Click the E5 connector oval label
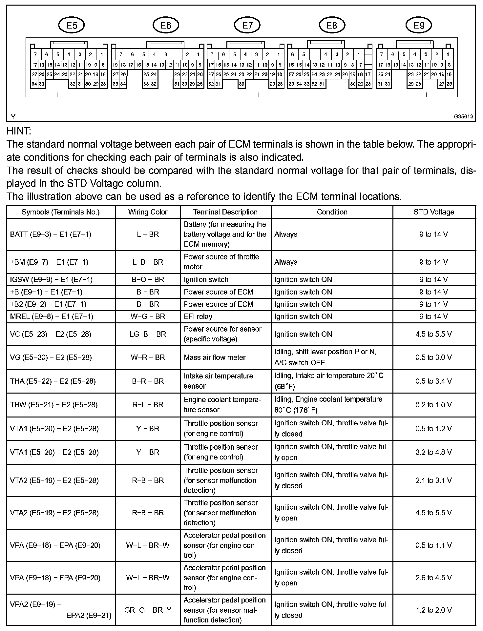(x=72, y=25)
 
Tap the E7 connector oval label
(x=247, y=25)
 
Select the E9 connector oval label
(x=419, y=25)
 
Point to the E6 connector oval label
(x=166, y=25)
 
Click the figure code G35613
(x=463, y=117)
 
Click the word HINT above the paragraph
(x=19, y=131)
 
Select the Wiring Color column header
(x=148, y=212)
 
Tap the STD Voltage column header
(x=434, y=212)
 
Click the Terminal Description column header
(x=225, y=212)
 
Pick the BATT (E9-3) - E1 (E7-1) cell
(x=51, y=234)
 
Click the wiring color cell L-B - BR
(x=148, y=262)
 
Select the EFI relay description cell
(x=198, y=316)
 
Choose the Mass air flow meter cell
(x=215, y=357)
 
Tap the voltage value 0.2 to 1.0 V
(x=433, y=405)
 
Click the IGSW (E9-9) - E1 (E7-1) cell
(x=51, y=280)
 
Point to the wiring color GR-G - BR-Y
(x=148, y=610)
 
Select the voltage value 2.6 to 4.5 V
(x=433, y=578)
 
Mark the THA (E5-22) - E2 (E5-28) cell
(x=53, y=381)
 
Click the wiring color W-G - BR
(x=148, y=316)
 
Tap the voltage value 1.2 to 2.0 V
(x=433, y=610)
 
